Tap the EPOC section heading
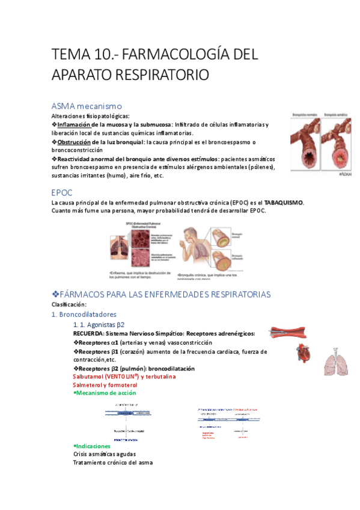pos(63,192)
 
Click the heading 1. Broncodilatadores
pos(84,314)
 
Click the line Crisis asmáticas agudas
pos(104,454)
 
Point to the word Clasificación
pos(68,304)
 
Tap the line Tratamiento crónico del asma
pos(112,462)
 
